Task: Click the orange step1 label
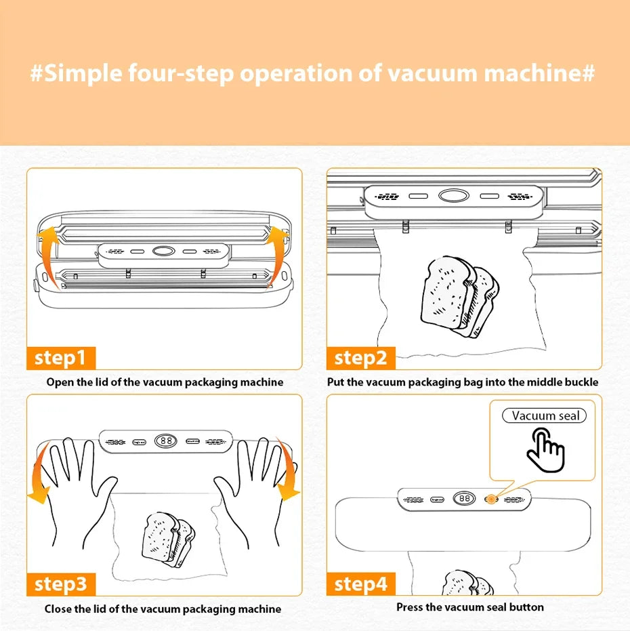coord(60,357)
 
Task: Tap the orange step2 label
coord(360,357)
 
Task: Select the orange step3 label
coord(60,584)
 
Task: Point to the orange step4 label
coord(360,584)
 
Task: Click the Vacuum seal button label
coord(545,415)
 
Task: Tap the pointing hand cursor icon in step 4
coord(545,451)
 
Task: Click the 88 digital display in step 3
coord(165,441)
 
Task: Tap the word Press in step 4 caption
coord(411,607)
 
